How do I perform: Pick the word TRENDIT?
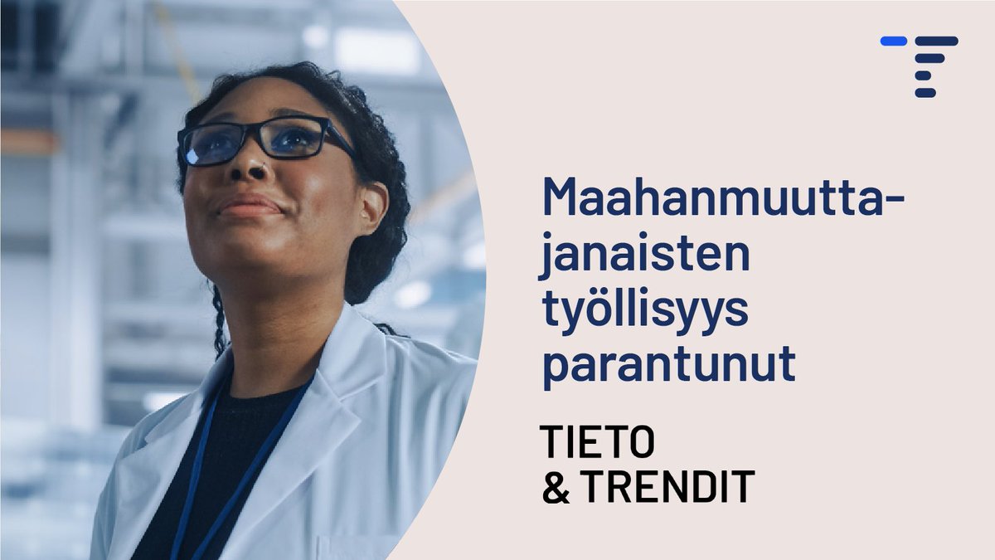667,487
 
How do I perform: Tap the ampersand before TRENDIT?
554,488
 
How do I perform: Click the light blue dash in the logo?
893,41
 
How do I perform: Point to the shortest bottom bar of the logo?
925,93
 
